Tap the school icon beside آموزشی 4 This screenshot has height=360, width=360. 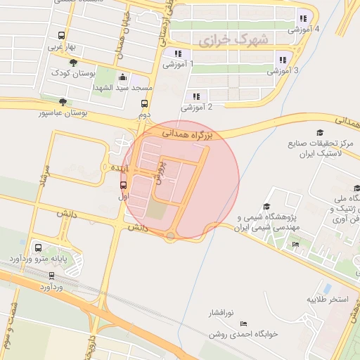click(x=303, y=19)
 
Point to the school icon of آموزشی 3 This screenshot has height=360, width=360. click(x=283, y=60)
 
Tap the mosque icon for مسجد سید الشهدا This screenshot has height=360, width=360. click(x=124, y=77)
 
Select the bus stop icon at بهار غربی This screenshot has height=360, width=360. click(x=63, y=35)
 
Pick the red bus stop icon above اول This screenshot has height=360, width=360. click(x=124, y=186)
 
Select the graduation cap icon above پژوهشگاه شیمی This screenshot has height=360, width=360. click(x=266, y=206)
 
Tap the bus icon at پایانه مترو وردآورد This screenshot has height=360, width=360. click(x=38, y=247)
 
